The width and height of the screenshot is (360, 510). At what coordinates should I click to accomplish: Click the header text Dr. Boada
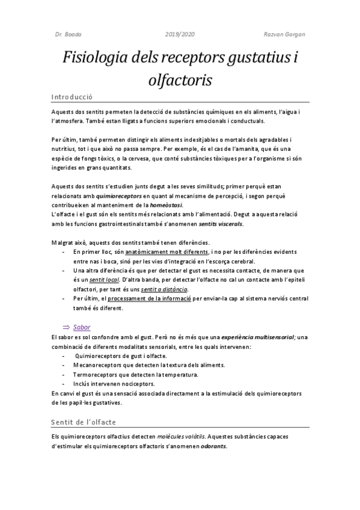[64, 34]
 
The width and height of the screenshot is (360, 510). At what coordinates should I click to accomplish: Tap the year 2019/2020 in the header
[180, 34]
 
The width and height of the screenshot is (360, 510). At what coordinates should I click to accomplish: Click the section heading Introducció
[72, 96]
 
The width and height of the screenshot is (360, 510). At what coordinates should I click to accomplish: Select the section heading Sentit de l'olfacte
[83, 422]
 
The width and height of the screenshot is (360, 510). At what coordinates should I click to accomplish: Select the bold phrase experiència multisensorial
[260, 337]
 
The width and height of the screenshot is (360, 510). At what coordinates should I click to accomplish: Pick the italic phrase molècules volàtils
[180, 437]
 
